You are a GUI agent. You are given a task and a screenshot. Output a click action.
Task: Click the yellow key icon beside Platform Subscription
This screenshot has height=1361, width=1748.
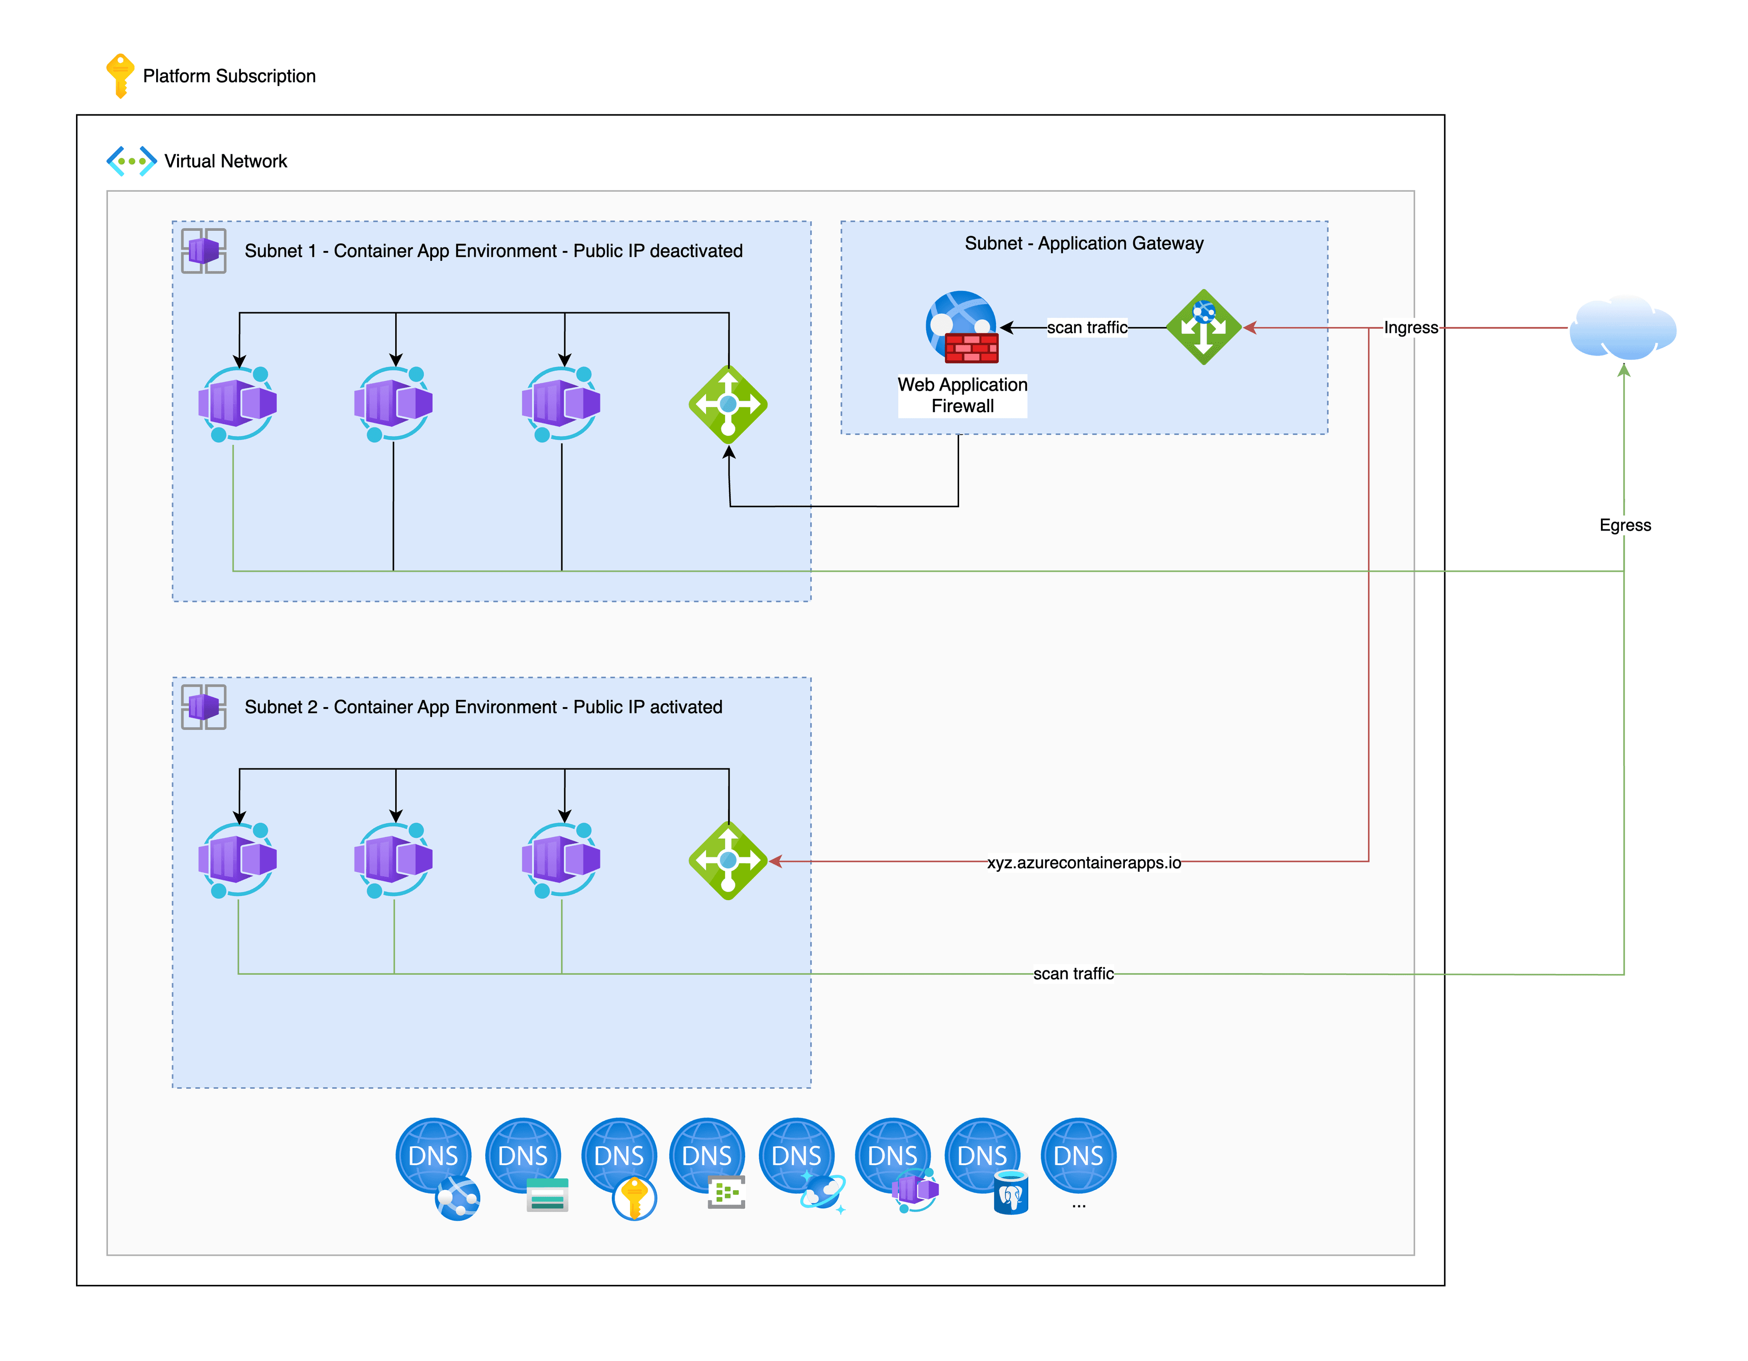[120, 75]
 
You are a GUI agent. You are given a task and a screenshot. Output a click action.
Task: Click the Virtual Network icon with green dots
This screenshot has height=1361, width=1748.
[131, 161]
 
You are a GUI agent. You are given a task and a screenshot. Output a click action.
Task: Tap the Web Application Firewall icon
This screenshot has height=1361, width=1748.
[962, 326]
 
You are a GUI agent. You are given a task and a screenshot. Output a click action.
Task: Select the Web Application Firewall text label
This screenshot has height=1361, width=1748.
[962, 396]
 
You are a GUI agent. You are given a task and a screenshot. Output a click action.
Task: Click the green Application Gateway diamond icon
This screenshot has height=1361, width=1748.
[1203, 326]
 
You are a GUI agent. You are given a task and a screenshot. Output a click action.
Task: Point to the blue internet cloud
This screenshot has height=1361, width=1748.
[1622, 328]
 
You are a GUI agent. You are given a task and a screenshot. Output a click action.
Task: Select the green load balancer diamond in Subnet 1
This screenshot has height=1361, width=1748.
[727, 404]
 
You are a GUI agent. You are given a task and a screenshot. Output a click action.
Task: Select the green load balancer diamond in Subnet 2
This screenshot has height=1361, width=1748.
[727, 861]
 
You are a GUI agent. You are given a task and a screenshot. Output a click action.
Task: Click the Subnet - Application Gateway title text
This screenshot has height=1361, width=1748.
[1084, 244]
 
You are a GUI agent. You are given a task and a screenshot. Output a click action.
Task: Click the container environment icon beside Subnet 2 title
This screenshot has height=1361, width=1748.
[203, 707]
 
